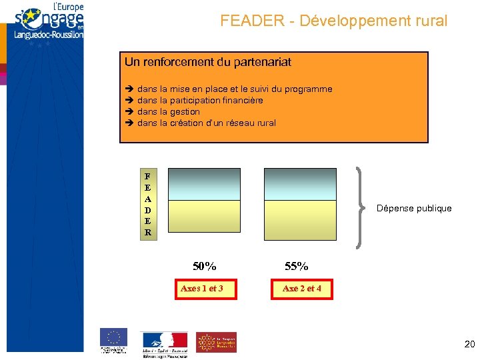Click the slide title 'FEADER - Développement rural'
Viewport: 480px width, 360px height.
click(334, 21)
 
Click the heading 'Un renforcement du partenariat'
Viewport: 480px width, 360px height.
click(208, 62)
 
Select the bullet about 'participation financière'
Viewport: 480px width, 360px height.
click(199, 100)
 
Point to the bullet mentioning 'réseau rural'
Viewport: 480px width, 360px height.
click(206, 123)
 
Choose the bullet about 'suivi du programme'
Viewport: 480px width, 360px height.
click(234, 89)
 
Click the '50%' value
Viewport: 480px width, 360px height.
click(205, 266)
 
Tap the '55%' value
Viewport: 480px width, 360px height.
click(297, 266)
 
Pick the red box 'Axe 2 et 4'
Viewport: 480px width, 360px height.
click(302, 289)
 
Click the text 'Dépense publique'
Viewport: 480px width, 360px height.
click(414, 208)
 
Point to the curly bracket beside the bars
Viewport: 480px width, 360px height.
click(363, 207)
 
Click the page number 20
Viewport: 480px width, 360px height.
click(469, 344)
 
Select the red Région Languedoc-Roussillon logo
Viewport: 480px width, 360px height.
click(216, 342)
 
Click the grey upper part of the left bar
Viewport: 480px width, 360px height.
click(203, 184)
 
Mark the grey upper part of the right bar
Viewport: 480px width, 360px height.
click(300, 184)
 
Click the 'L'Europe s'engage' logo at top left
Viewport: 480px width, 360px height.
click(47, 23)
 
